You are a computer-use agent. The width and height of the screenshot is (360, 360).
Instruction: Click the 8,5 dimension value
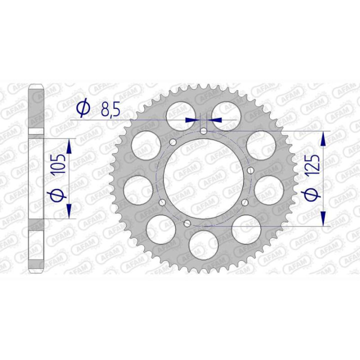pos(110,110)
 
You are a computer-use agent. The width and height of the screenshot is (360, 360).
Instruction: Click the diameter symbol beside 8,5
pos(83,107)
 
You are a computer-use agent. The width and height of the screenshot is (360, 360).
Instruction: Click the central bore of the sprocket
pos(203,179)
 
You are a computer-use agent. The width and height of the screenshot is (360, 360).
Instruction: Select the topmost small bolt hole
pos(203,131)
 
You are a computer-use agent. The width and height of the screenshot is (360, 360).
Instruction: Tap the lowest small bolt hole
pos(187,222)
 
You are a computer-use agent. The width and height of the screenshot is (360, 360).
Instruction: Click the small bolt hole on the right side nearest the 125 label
pos(251,170)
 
